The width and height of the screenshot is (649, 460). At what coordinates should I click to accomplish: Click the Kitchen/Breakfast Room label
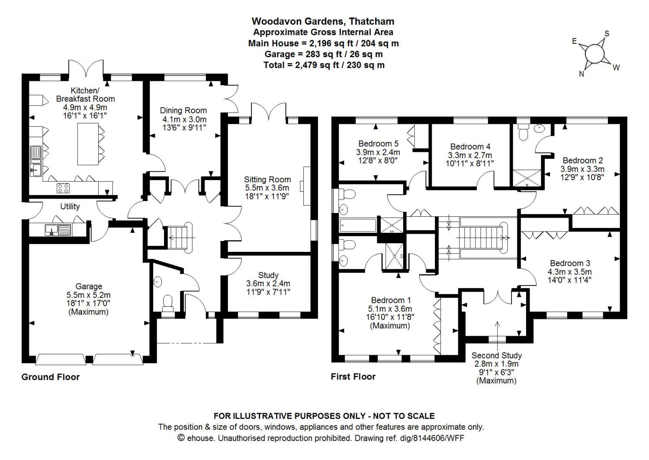(85, 95)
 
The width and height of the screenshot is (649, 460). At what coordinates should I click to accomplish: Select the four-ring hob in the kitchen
(63, 188)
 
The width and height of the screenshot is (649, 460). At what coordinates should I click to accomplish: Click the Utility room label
(70, 206)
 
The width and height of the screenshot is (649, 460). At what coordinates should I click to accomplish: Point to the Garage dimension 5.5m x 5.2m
(89, 295)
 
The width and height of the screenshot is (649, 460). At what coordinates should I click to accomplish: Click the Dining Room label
(183, 110)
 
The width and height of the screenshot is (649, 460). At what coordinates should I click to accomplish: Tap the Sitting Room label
(267, 180)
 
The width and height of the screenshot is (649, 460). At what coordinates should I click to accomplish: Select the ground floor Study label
(268, 275)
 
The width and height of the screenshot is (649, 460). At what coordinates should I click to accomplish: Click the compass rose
(594, 54)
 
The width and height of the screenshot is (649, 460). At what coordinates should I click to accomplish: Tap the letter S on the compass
(607, 34)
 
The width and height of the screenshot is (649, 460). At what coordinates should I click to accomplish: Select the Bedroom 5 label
(378, 144)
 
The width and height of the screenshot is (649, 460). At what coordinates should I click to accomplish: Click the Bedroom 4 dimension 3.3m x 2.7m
(470, 155)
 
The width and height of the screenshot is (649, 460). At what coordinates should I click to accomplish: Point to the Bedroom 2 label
(582, 161)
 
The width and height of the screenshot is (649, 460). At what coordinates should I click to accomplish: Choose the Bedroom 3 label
(570, 263)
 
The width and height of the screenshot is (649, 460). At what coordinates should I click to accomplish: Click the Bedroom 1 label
(391, 300)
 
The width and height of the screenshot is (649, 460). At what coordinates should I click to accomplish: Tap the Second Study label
(496, 356)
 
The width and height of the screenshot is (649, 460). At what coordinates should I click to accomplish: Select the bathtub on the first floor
(358, 225)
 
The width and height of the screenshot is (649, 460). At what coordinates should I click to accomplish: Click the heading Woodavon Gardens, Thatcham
(323, 21)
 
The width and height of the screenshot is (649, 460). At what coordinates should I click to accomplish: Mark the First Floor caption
(353, 376)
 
